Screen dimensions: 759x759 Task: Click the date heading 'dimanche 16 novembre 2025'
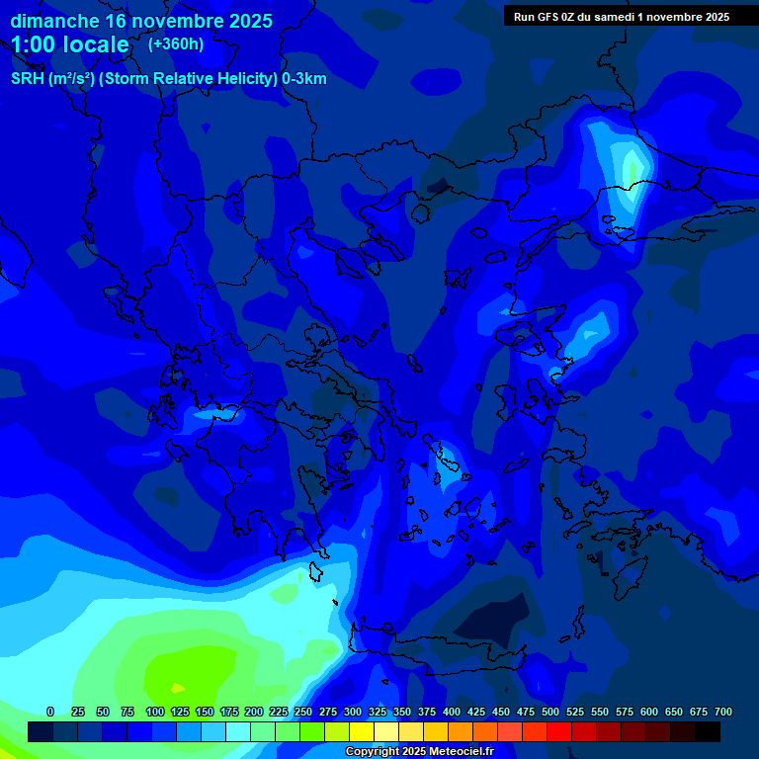[141, 21]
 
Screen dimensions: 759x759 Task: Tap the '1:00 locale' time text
[70, 45]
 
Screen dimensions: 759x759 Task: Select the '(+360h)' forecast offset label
[176, 44]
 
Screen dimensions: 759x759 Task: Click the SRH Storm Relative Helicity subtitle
[168, 79]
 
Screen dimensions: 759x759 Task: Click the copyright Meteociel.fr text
[419, 752]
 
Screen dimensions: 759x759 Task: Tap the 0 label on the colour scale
[50, 712]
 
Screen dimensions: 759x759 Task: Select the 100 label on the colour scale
[155, 712]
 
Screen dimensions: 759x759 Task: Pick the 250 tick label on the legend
[303, 712]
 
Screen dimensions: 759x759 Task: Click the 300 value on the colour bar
[353, 712]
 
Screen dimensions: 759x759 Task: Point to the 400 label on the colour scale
[452, 712]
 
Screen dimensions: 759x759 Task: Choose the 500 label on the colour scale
[550, 712]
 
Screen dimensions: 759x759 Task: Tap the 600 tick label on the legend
[649, 712]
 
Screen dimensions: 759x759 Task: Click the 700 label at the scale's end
[722, 712]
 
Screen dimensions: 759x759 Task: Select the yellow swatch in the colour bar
[362, 732]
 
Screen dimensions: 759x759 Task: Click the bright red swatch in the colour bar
[559, 732]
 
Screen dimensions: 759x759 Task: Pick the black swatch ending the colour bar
[708, 732]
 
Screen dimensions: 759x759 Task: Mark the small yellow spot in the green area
[178, 688]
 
